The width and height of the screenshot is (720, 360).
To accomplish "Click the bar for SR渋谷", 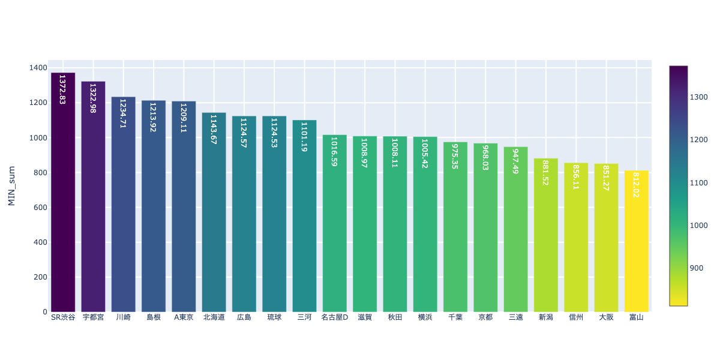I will (x=63, y=192).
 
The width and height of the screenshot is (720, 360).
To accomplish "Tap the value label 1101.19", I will (x=304, y=136).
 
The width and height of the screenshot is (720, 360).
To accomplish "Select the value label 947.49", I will (x=515, y=161).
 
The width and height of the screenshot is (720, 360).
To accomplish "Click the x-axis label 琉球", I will (x=274, y=317).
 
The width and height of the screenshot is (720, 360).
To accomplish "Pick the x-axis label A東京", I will (x=184, y=317).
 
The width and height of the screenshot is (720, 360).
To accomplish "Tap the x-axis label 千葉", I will (x=455, y=317).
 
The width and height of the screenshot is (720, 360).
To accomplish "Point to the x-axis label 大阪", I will (x=606, y=317).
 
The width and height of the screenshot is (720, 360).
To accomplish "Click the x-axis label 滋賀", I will (x=365, y=317).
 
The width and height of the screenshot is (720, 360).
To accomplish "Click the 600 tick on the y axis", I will (x=40, y=208).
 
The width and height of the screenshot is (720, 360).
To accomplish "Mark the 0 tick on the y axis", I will (x=44, y=312).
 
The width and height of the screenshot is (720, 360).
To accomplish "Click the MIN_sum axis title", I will (x=11, y=186).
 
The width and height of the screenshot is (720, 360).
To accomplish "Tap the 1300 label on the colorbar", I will (x=700, y=97).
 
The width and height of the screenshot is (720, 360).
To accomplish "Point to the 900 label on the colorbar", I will (x=698, y=268).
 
